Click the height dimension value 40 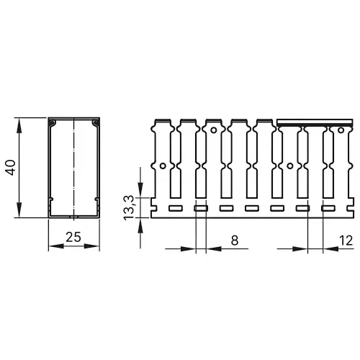tap(10, 167)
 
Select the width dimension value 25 tap(73, 236)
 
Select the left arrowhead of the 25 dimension tap(52, 246)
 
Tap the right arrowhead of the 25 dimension tap(94, 246)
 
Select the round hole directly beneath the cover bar tap(289, 166)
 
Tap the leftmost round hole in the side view tap(163, 166)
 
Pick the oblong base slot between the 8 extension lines tap(201, 209)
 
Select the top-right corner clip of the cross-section tap(94, 125)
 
